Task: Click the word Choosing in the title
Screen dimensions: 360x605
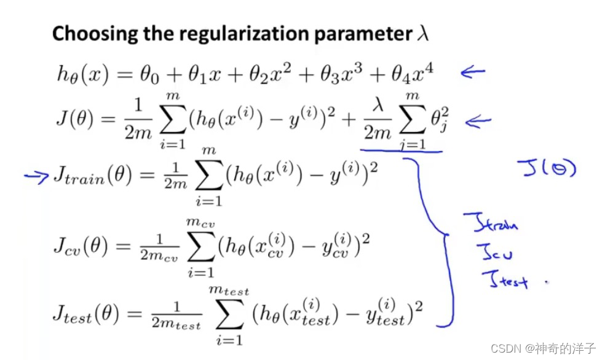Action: [85, 33]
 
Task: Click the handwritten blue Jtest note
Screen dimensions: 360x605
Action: [504, 281]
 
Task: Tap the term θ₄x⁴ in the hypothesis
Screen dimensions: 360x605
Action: [415, 74]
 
